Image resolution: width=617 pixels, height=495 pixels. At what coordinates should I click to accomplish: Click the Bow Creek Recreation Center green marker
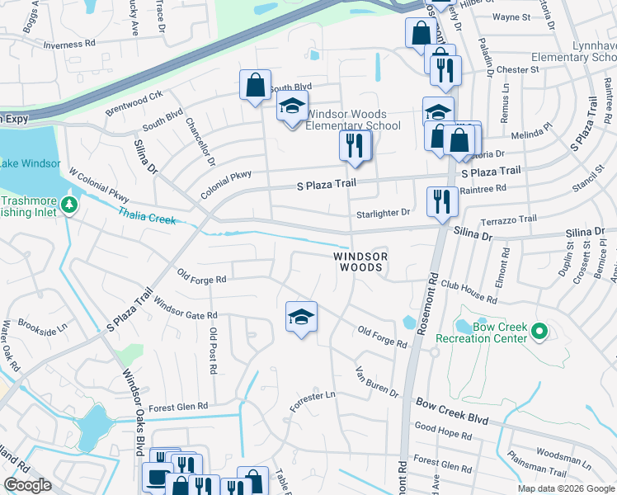click(540, 332)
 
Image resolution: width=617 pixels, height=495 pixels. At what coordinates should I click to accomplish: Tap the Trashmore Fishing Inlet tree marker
click(71, 204)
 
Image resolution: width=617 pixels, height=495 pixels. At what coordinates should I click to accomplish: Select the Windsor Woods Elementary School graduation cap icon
click(290, 108)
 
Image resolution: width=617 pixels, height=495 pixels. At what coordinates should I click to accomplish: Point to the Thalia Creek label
click(148, 216)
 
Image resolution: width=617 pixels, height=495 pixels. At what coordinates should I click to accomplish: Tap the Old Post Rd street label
click(214, 351)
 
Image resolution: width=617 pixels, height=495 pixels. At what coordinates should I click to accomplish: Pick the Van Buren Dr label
click(377, 381)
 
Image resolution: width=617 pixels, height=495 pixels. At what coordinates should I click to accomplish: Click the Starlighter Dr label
click(383, 213)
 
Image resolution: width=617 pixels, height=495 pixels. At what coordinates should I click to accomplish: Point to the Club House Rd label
click(468, 287)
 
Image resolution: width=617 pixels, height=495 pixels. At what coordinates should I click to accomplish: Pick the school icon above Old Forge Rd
click(301, 317)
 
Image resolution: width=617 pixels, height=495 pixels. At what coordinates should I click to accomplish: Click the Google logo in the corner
click(28, 485)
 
